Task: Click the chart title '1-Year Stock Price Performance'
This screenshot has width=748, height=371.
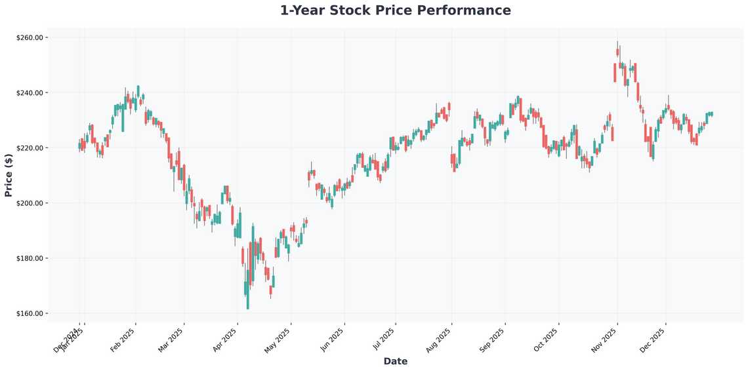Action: (395, 10)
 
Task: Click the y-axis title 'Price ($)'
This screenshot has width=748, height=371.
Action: (9, 175)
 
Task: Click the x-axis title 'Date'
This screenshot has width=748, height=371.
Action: (395, 361)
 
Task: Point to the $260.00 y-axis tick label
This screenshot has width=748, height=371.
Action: (29, 38)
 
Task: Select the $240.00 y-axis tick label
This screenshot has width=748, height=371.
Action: (29, 93)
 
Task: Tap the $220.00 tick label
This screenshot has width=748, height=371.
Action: (29, 148)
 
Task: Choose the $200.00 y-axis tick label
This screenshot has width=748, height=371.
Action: (29, 203)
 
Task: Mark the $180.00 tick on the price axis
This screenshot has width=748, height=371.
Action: (29, 258)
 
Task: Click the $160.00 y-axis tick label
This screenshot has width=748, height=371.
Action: (29, 313)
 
